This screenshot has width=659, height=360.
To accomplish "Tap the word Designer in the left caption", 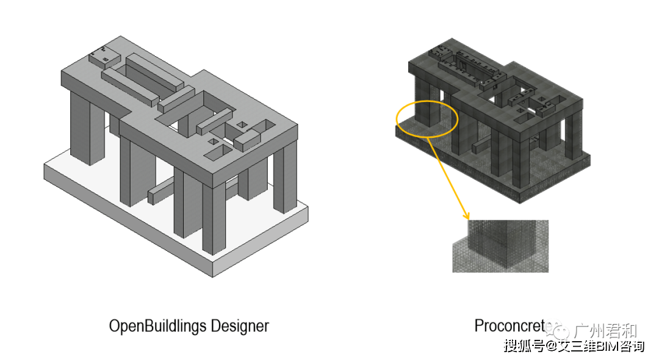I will coord(239,326).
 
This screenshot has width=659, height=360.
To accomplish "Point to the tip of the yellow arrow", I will coord(468,218).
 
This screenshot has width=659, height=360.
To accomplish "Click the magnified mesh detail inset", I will coord(500,246).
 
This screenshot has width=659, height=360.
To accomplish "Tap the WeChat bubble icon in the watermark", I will coord(560,331).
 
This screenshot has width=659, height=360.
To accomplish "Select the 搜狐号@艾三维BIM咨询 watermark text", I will coord(574,347).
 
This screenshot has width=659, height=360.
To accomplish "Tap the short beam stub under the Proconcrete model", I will coord(480,146).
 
